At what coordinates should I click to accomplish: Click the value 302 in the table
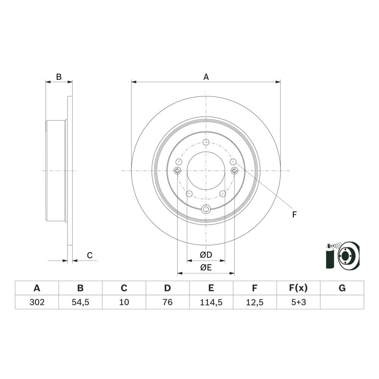[37, 302]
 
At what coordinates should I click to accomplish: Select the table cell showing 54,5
[80, 302]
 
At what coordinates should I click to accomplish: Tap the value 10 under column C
[124, 302]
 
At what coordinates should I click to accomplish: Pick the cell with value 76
[168, 302]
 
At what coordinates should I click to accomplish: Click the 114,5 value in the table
[211, 302]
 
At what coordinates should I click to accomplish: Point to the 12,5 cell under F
[255, 302]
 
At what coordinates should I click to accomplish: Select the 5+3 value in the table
[298, 302]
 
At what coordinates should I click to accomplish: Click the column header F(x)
[298, 288]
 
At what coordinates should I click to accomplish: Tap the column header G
[342, 288]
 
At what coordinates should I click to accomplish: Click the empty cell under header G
[342, 302]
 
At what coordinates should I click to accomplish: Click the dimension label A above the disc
[206, 77]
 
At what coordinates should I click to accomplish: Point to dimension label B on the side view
[59, 77]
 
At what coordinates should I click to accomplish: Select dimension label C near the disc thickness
[89, 255]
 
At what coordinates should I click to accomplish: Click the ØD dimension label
[206, 255]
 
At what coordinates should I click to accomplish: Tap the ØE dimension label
[206, 268]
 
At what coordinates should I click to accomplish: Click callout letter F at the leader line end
[294, 215]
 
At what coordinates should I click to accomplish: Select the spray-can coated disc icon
[342, 256]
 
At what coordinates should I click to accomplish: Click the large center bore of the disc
[206, 171]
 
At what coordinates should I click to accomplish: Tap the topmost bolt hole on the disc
[206, 142]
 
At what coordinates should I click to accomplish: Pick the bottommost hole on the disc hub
[206, 209]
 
